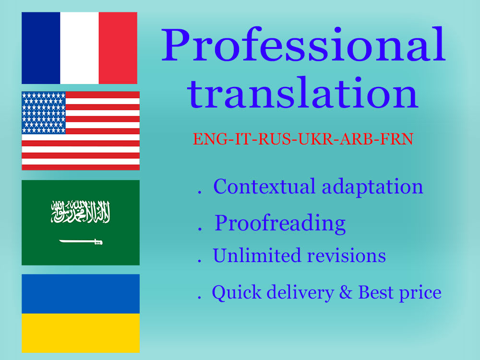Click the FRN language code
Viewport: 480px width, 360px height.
coord(397,139)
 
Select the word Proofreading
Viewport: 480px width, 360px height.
coord(280,223)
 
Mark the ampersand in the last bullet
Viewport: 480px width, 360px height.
coord(345,292)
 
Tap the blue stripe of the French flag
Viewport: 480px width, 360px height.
coord(41,48)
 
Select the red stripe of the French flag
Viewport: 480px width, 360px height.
coord(118,48)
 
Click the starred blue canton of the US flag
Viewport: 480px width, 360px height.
coord(44,112)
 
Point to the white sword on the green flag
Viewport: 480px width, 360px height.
coord(81,241)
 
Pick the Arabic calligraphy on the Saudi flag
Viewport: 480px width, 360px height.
coord(81,211)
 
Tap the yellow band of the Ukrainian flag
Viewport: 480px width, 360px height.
coord(81,333)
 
